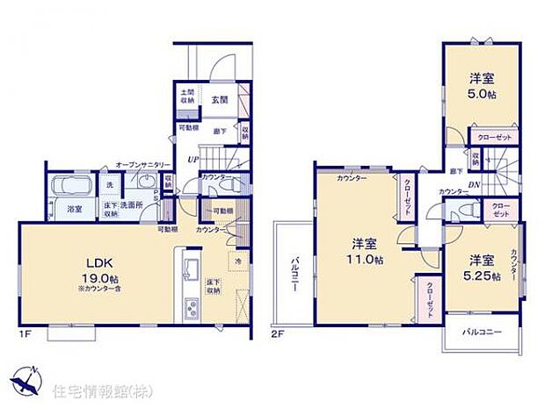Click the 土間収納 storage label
(x=188, y=97)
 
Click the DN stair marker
(x=473, y=184)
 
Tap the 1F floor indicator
(x=25, y=334)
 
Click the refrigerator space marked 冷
(x=238, y=261)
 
